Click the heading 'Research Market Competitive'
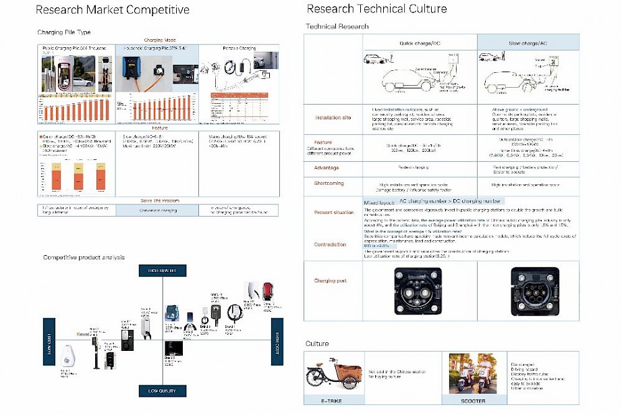(x=112, y=10)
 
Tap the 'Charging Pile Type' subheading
(x=63, y=32)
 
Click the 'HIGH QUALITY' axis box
(x=162, y=270)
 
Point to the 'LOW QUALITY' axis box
(x=162, y=390)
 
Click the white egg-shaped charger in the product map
(x=67, y=360)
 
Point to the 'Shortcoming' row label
(x=329, y=184)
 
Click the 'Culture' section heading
(x=317, y=343)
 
